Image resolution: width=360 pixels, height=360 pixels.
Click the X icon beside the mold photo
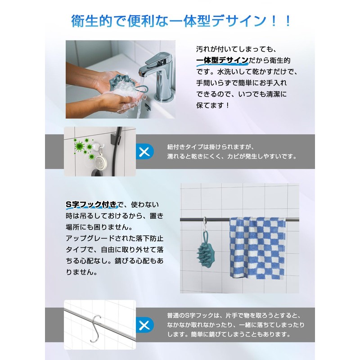tap(144, 152)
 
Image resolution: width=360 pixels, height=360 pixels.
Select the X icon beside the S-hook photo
tap(144, 324)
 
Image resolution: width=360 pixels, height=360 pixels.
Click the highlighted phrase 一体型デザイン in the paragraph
tap(222, 60)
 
